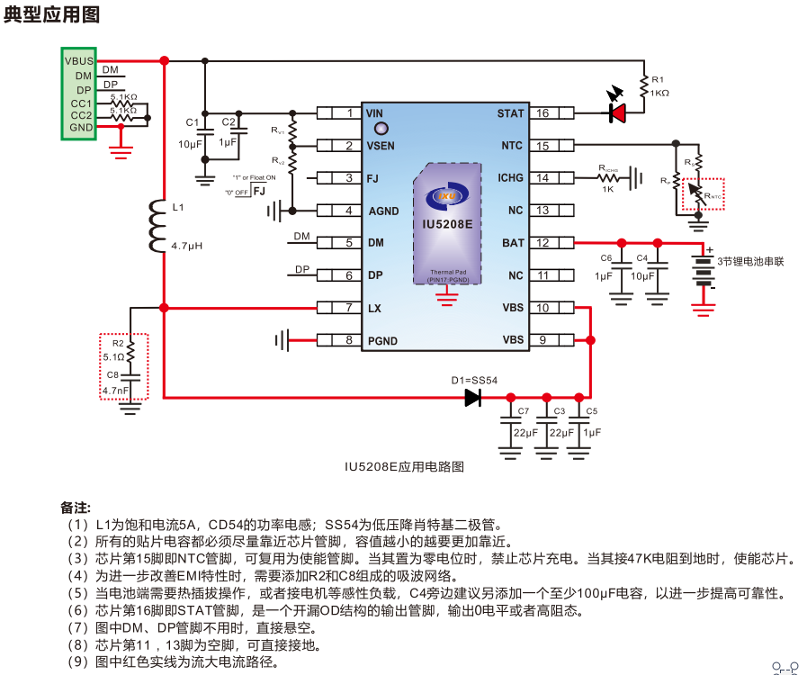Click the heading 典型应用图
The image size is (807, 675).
51,14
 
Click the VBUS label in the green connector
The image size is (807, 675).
78,60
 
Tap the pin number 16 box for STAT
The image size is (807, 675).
542,113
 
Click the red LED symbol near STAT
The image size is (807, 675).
618,112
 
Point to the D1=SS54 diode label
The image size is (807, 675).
474,381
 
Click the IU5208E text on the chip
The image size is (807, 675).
447,223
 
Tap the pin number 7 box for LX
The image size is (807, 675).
349,308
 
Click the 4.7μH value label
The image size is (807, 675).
187,245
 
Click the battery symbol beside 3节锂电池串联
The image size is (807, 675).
704,270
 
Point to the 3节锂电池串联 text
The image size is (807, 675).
750,261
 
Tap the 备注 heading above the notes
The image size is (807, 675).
76,508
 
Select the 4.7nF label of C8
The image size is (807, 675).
116,391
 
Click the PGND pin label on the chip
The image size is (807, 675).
383,340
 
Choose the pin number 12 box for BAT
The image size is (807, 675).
542,243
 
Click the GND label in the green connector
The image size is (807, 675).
81,128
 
